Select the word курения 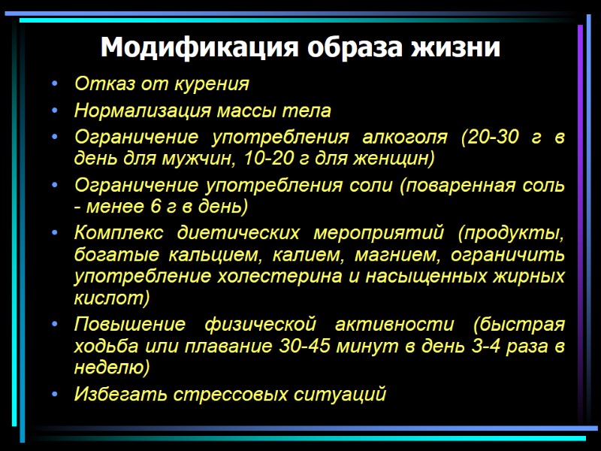[213, 83]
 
